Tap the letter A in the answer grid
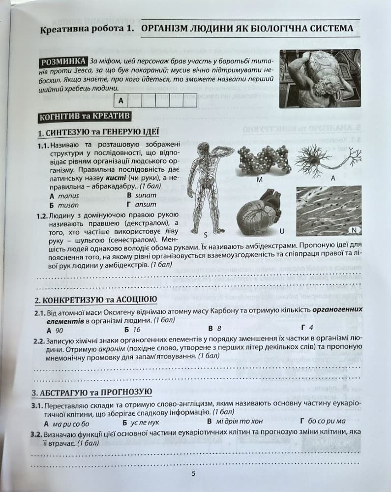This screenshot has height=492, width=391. pos(120,101)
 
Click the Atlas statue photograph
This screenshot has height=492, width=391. pos(320,78)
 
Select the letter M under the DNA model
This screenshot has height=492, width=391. pos(259,180)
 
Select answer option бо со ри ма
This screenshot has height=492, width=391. pos(327,422)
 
